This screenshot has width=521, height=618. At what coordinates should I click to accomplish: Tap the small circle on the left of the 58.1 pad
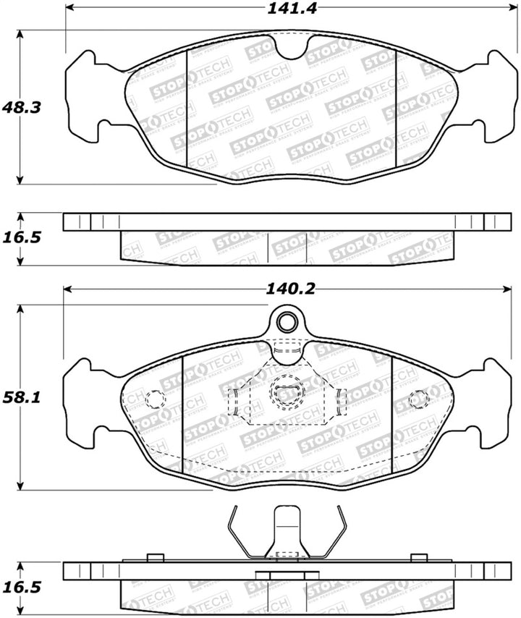coord(153,398)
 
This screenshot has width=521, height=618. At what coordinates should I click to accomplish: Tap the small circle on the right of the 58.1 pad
coord(418,398)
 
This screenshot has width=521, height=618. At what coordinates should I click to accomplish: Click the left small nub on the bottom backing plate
coord(153,557)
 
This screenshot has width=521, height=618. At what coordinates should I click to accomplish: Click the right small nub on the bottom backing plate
coord(418,557)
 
